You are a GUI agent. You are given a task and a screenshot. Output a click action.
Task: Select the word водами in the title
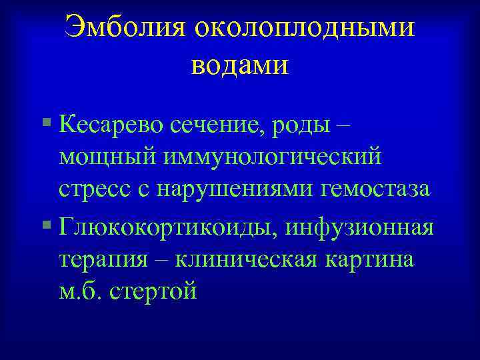click(x=239, y=65)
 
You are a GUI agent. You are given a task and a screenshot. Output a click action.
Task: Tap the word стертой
click(x=154, y=291)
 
